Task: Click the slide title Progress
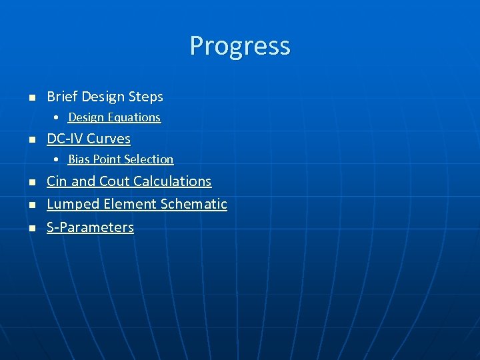pyautogui.click(x=240, y=46)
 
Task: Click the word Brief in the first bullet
pyautogui.click(x=62, y=97)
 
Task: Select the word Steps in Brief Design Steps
pyautogui.click(x=146, y=97)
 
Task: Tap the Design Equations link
pyautogui.click(x=114, y=117)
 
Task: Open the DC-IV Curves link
pyautogui.click(x=89, y=139)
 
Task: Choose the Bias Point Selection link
pyautogui.click(x=121, y=159)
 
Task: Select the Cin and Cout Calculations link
pyautogui.click(x=129, y=181)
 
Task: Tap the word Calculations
pyautogui.click(x=172, y=181)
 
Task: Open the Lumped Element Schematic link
pyautogui.click(x=137, y=204)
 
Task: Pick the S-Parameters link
pyautogui.click(x=90, y=227)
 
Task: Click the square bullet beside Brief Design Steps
pyautogui.click(x=31, y=98)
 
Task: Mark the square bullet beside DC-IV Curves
pyautogui.click(x=31, y=140)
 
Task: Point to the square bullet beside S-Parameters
pyautogui.click(x=31, y=229)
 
